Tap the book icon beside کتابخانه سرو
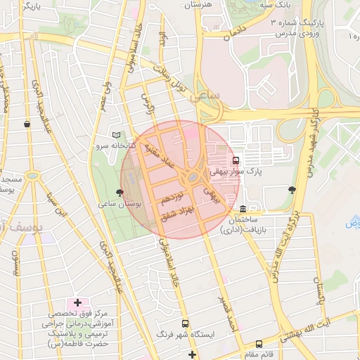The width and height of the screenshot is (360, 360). pyautogui.click(x=116, y=134)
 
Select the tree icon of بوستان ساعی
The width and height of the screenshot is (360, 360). pyautogui.click(x=120, y=191)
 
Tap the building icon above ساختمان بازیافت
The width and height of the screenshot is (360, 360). pyautogui.click(x=243, y=209)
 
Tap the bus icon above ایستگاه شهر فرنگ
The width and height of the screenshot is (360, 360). pyautogui.click(x=185, y=324)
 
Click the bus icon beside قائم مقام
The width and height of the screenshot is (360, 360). pyautogui.click(x=259, y=344)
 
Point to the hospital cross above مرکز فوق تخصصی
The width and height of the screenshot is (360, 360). pyautogui.click(x=77, y=302)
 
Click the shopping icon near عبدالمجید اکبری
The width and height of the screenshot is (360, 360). pyautogui.click(x=27, y=124)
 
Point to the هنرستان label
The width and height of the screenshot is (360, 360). pyautogui.click(x=198, y=5)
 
